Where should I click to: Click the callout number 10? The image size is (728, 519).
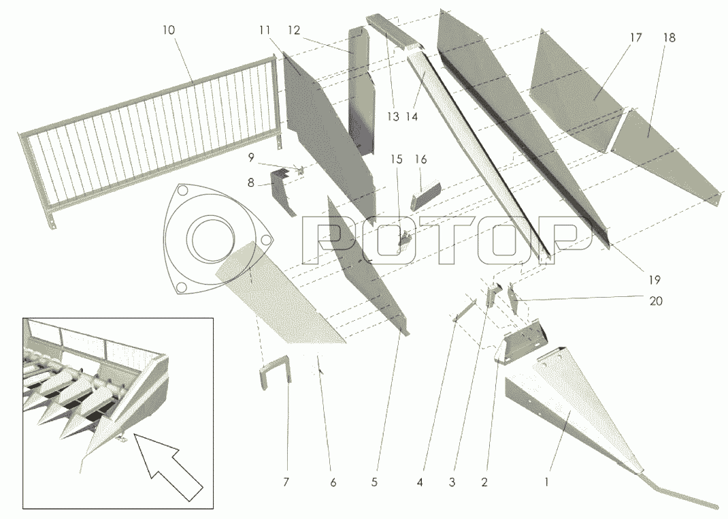169,30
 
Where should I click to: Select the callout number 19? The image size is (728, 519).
654,280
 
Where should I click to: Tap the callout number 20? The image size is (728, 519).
656,301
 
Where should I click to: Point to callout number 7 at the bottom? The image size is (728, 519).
286,482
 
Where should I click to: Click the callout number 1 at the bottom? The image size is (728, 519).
546,482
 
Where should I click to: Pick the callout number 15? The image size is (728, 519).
397,160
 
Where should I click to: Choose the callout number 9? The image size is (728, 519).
251,158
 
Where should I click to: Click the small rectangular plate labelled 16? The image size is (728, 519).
425,196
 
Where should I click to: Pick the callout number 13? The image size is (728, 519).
393,116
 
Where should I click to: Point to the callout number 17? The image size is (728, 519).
635,38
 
